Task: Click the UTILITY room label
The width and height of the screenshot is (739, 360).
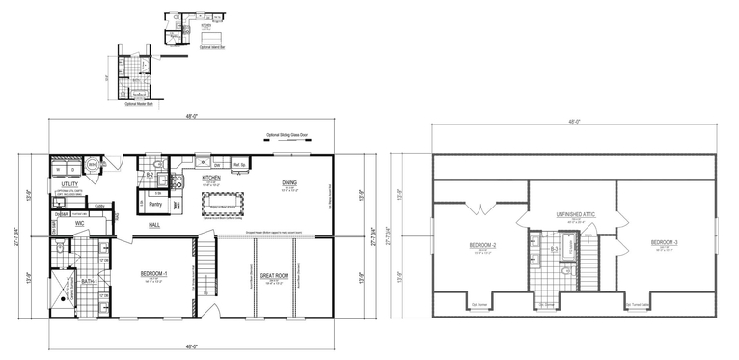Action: [69, 183]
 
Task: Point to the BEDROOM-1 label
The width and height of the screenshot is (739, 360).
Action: [154, 273]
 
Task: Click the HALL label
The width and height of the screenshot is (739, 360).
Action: [154, 224]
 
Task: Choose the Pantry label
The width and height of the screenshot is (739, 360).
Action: [154, 204]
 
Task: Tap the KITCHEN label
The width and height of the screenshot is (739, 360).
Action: [211, 179]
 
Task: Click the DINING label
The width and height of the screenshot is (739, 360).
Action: [289, 182]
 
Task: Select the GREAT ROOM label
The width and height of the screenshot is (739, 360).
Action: [274, 275]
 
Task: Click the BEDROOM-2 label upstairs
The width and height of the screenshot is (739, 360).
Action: [482, 245]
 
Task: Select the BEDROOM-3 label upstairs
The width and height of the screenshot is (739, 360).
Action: [664, 241]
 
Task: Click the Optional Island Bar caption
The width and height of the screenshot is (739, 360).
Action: [209, 46]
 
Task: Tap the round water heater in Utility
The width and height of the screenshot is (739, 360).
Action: [92, 165]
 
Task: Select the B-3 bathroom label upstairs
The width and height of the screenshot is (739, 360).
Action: [555, 249]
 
